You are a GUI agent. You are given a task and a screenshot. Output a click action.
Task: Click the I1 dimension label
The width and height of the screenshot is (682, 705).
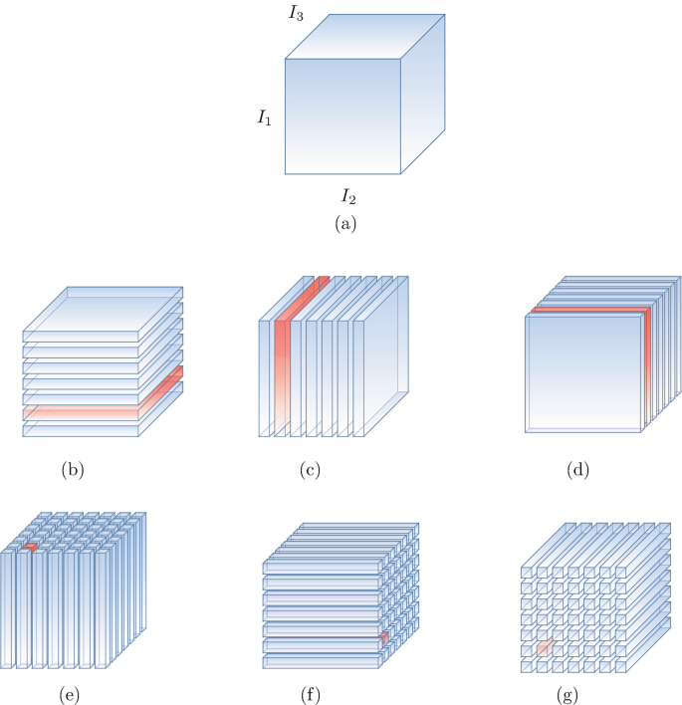(264, 118)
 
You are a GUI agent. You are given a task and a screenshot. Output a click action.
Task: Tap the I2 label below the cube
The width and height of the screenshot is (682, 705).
(350, 195)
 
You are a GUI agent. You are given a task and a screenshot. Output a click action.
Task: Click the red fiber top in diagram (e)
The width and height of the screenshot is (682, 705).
(30, 546)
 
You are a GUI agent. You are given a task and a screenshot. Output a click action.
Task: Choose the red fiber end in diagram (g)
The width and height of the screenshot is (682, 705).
(545, 647)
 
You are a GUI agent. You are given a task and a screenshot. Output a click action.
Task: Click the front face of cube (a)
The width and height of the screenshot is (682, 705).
(343, 116)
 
